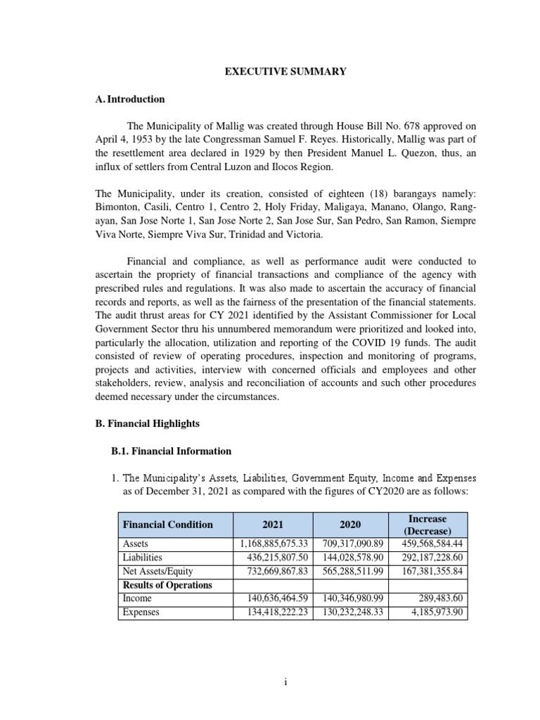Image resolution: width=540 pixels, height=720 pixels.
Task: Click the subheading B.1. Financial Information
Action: (x=167, y=451)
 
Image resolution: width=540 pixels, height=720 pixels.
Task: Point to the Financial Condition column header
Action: (x=167, y=525)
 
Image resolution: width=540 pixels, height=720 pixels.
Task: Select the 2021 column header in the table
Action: (x=273, y=525)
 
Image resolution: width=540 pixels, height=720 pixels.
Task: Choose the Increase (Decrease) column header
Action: (x=427, y=525)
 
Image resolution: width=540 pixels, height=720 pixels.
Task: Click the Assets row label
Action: (x=136, y=544)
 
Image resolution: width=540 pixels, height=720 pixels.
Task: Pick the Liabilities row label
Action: (x=143, y=558)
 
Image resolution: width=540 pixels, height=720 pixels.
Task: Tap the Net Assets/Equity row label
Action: (x=157, y=571)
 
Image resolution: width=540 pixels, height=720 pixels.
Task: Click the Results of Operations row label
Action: (x=167, y=584)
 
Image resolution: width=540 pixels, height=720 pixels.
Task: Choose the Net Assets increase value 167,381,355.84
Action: (x=428, y=571)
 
